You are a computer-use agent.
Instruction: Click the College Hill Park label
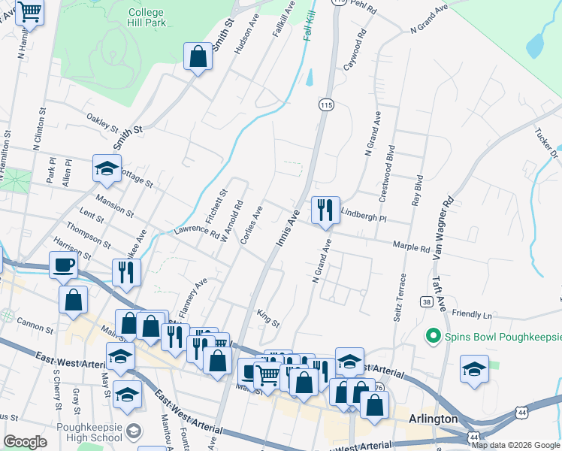147,19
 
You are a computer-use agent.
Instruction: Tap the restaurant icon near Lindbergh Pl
325,210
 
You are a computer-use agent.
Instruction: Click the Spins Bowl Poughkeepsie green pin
433,334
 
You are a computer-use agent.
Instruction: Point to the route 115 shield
325,106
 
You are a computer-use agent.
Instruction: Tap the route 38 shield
427,301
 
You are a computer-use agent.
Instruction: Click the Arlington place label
433,419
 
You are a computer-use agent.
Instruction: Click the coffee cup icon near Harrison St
63,265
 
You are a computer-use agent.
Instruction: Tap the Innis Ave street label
289,226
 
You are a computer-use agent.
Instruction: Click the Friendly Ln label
472,314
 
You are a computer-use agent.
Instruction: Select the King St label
268,318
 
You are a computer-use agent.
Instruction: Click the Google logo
26,442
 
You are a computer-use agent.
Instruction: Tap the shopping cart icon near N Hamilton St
30,13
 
